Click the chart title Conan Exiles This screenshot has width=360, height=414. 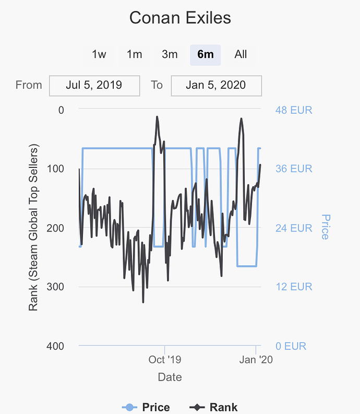click(180, 18)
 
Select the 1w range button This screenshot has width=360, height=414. click(99, 54)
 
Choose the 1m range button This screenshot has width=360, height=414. click(134, 54)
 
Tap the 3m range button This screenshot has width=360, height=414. click(170, 54)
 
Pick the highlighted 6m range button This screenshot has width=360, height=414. click(205, 54)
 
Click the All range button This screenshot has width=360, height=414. click(241, 54)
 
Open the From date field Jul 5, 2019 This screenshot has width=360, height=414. click(94, 86)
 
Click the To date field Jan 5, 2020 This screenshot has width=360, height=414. click(216, 86)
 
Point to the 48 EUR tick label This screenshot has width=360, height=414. click(294, 110)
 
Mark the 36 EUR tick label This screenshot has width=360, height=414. click(294, 169)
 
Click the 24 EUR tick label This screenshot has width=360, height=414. click(294, 228)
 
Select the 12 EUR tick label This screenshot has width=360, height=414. click(294, 287)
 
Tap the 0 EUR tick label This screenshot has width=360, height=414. click(291, 346)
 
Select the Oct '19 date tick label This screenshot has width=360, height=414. click(164, 360)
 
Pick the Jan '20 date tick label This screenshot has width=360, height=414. click(256, 360)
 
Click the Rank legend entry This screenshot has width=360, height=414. click(213, 407)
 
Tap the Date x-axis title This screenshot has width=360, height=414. click(170, 377)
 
